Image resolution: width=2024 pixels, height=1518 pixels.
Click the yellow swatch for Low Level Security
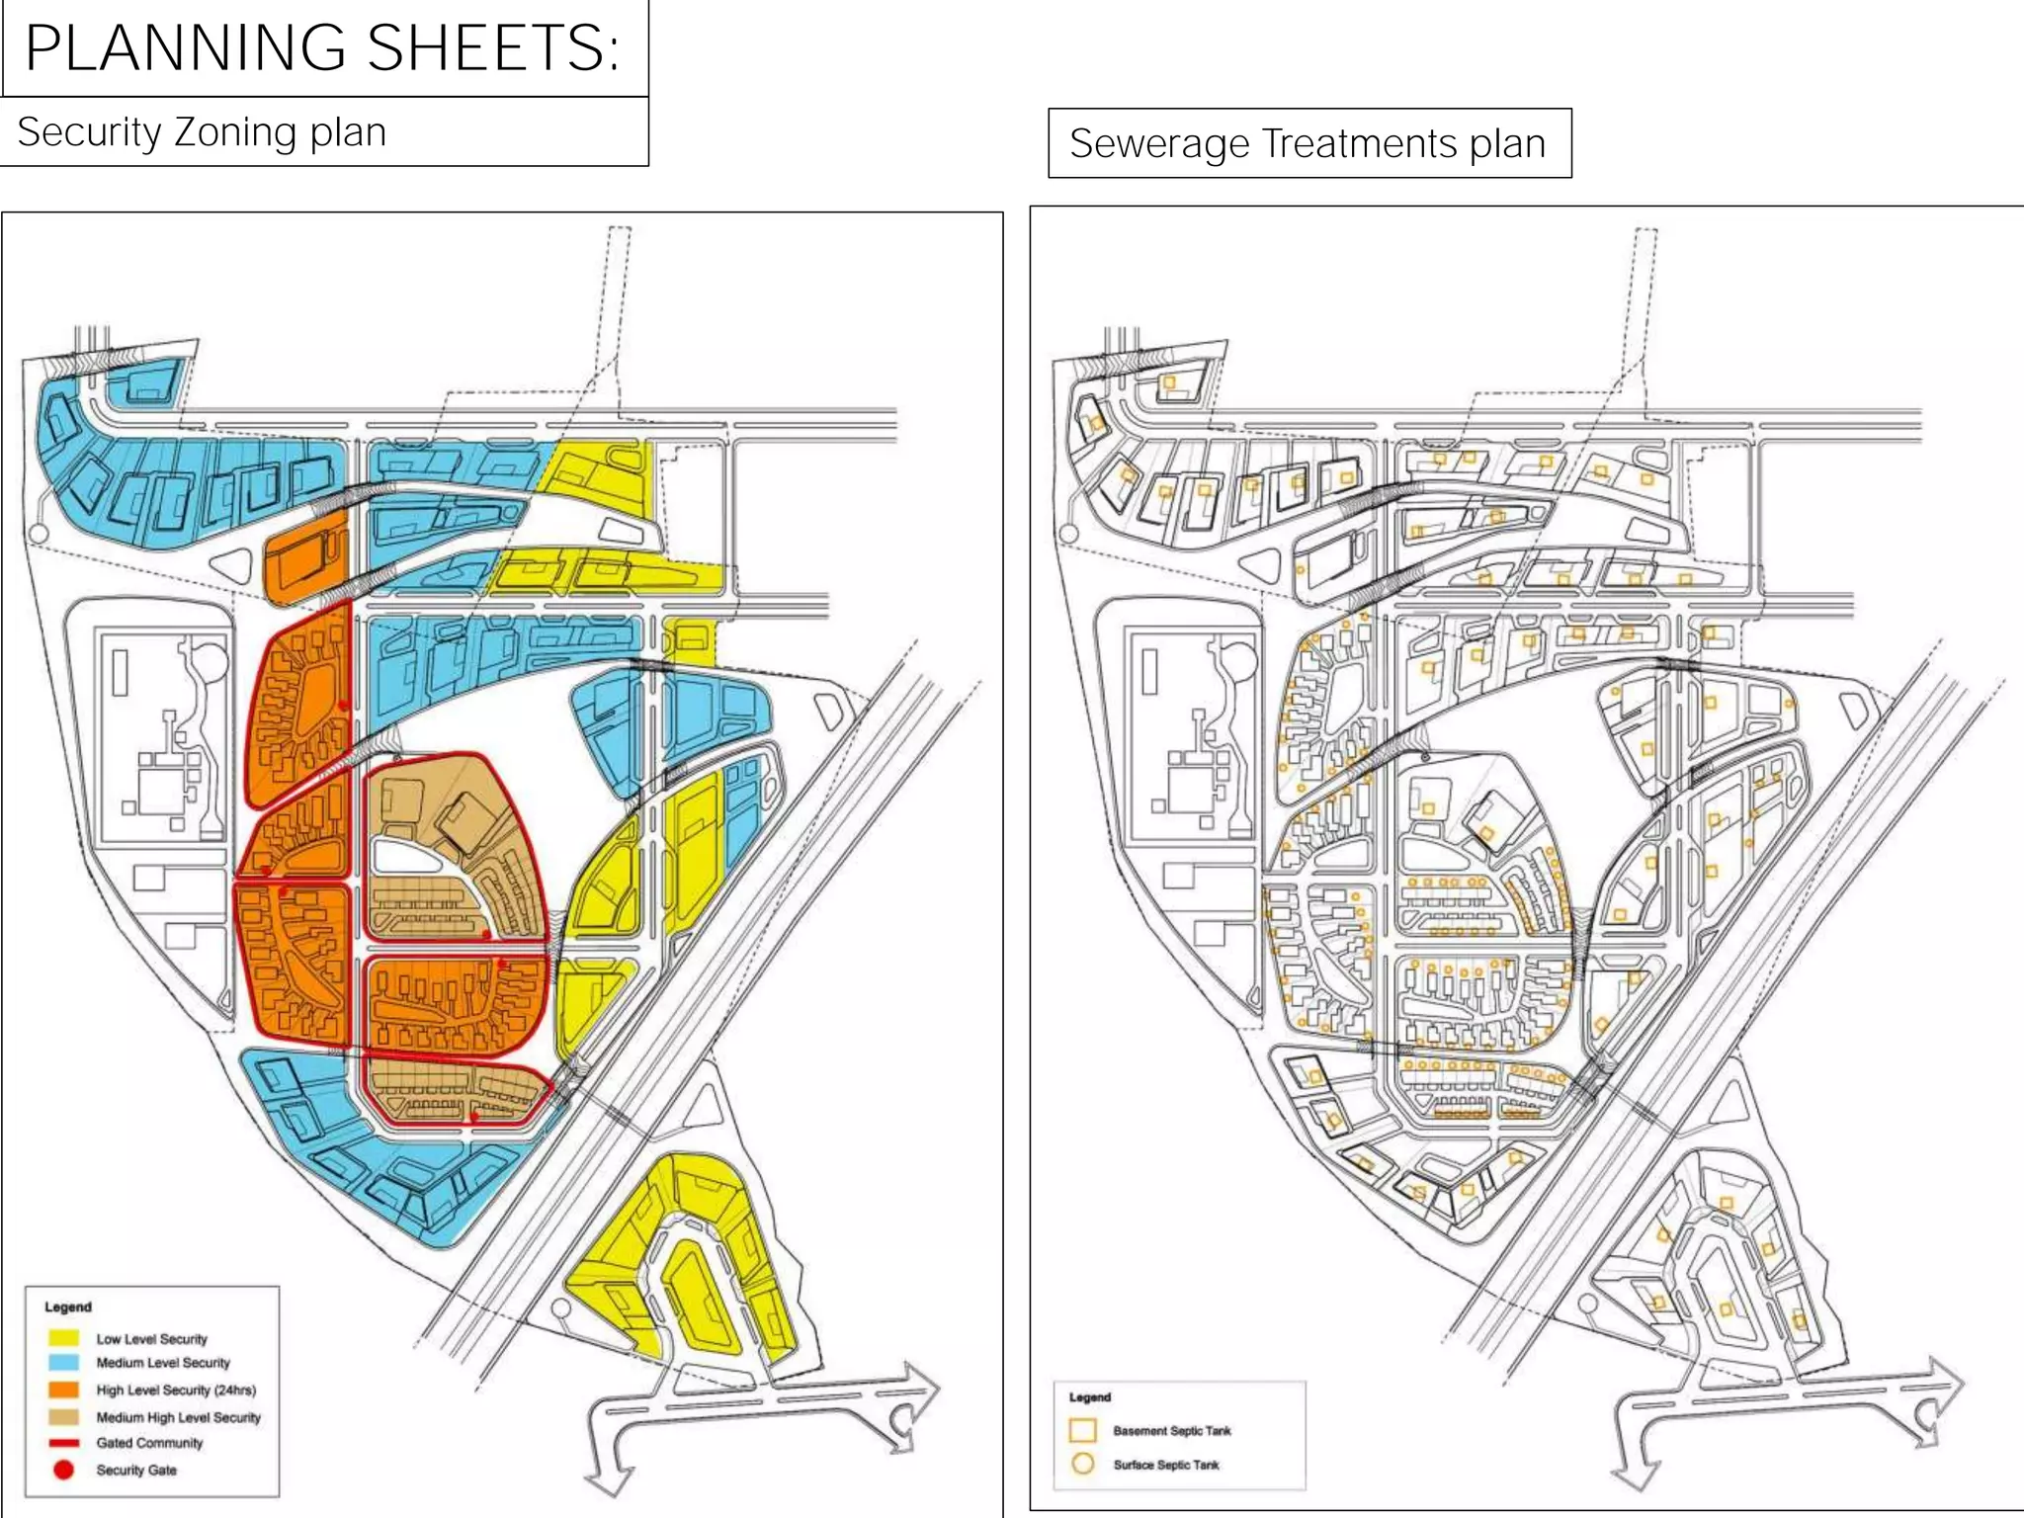point(63,1338)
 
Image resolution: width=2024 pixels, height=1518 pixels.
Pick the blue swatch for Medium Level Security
point(63,1362)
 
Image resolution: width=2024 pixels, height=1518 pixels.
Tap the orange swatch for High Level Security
point(63,1389)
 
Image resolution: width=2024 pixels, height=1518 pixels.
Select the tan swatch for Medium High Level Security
point(63,1416)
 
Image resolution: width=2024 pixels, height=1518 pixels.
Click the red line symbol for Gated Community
point(63,1443)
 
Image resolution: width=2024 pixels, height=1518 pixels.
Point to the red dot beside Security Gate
point(63,1470)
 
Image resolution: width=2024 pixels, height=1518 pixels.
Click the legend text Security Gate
point(136,1471)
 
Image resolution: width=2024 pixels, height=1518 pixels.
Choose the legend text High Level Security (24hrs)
point(176,1390)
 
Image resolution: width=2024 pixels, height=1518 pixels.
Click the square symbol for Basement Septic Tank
point(1083,1430)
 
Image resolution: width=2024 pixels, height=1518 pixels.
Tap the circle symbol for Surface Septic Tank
point(1083,1464)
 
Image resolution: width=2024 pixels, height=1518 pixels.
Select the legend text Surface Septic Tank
point(1166,1465)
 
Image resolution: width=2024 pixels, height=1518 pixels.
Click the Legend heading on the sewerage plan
point(1089,1397)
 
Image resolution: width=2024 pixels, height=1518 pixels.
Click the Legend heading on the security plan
point(67,1307)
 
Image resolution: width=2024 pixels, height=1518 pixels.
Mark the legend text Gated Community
point(149,1443)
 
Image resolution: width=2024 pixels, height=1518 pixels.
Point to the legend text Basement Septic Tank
point(1172,1431)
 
